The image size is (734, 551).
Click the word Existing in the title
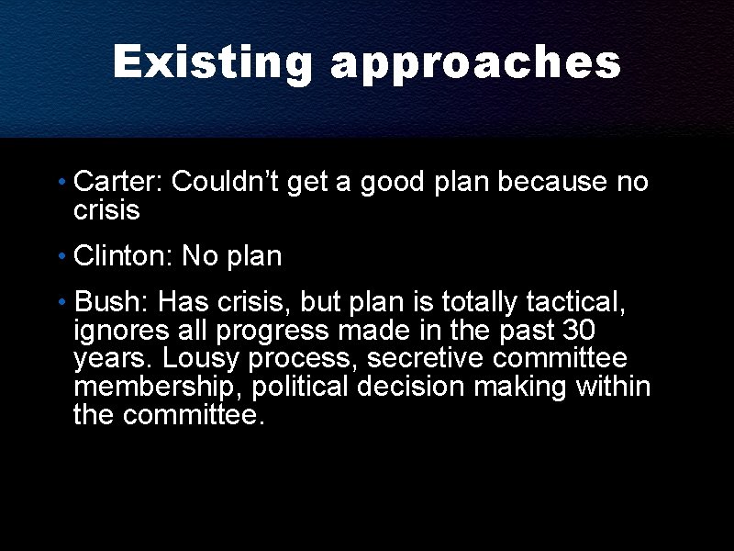[x=214, y=62]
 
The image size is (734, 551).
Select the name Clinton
[x=123, y=256]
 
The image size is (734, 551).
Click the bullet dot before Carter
[x=60, y=183]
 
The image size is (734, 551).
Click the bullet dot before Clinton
[x=60, y=257]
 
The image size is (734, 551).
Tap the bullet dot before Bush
[x=60, y=302]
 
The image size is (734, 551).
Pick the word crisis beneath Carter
[x=106, y=211]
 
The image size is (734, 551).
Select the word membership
[x=141, y=387]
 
